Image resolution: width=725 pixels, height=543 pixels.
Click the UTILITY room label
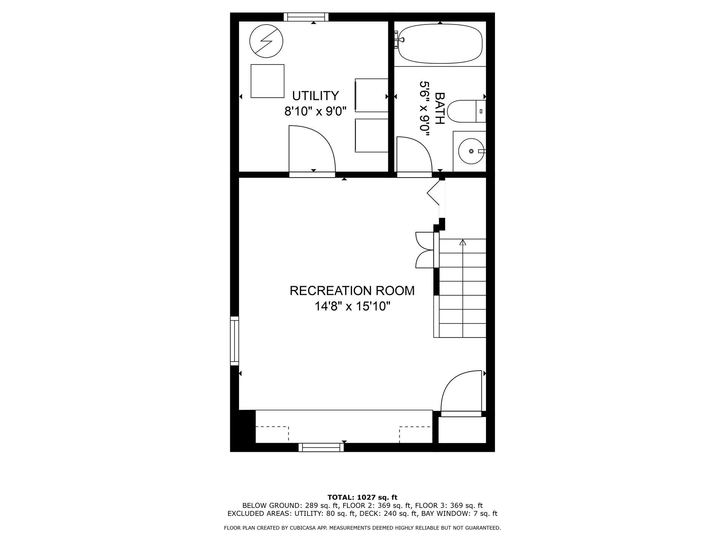click(315, 96)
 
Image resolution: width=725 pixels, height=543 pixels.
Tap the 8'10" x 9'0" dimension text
click(315, 111)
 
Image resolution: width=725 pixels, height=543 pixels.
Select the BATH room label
click(440, 109)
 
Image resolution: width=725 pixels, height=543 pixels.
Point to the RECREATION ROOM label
click(352, 291)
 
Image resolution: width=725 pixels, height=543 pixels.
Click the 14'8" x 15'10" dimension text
click(352, 306)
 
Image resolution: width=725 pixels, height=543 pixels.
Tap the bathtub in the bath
click(440, 44)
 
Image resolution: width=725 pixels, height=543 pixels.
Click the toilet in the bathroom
click(466, 111)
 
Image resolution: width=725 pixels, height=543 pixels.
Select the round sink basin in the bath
click(471, 151)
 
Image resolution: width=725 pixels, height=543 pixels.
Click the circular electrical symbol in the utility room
click(267, 41)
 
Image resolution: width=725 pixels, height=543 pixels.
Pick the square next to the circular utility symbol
click(267, 81)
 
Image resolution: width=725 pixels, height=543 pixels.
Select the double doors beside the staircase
click(425, 250)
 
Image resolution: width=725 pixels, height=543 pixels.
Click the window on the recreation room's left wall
click(234, 341)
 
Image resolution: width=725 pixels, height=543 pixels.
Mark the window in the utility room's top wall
click(306, 17)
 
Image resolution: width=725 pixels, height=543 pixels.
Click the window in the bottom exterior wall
click(321, 447)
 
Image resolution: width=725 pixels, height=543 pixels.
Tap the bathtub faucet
click(399, 40)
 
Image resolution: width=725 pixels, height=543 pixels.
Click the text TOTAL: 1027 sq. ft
click(362, 497)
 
